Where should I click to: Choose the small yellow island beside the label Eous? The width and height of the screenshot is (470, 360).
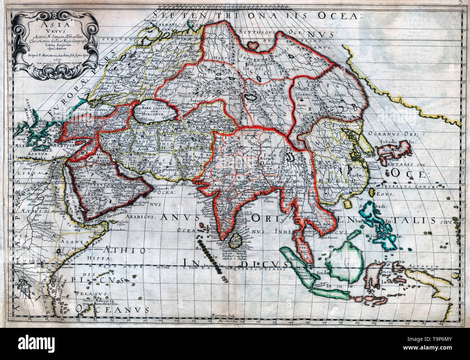tap(349, 205)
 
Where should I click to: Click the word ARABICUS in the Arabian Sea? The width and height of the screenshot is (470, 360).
tap(141, 218)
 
